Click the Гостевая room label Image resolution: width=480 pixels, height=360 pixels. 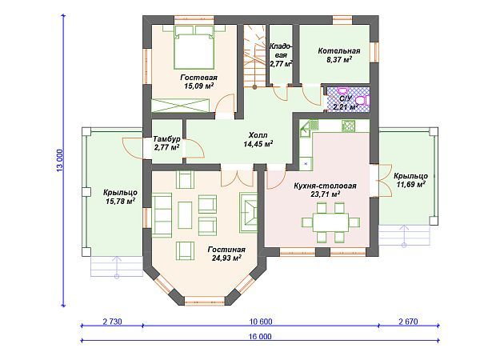(x=198, y=77)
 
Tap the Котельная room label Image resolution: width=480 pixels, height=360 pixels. (x=339, y=51)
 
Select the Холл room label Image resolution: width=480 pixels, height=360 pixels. (x=258, y=135)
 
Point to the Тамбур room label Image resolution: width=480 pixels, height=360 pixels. (x=166, y=138)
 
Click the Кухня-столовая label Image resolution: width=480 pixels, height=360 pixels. (x=325, y=186)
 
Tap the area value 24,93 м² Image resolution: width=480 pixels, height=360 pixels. (x=226, y=258)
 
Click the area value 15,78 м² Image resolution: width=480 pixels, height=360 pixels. (x=120, y=201)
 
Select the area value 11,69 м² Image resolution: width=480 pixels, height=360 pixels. (x=411, y=184)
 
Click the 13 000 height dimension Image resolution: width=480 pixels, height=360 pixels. (x=60, y=160)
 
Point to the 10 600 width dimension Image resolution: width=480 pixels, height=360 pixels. (x=261, y=322)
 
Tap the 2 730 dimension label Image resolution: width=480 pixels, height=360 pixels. (x=112, y=322)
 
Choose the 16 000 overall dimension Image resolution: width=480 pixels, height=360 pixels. (x=261, y=337)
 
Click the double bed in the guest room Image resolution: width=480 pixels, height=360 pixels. (x=194, y=47)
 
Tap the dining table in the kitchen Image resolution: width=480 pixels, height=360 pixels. (x=330, y=222)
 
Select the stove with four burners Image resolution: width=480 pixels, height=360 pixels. (x=348, y=126)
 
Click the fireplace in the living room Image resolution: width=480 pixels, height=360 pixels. (x=248, y=213)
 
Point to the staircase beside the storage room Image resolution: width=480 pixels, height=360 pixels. (x=254, y=56)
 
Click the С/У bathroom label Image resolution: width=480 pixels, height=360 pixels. (x=346, y=98)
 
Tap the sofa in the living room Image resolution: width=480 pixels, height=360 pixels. (x=162, y=215)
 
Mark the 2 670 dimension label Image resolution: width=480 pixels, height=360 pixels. (x=408, y=322)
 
